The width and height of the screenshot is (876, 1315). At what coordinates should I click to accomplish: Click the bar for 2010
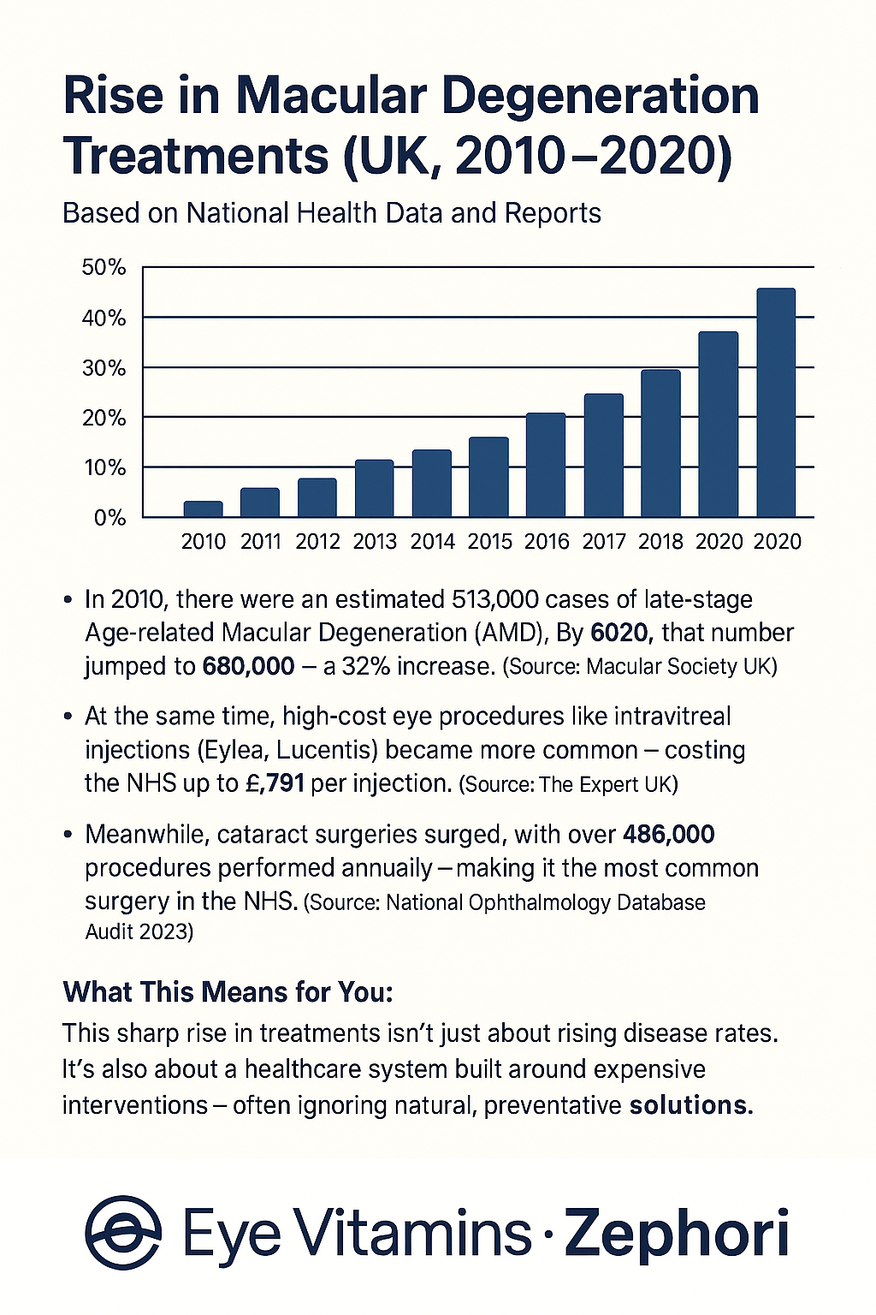click(x=203, y=509)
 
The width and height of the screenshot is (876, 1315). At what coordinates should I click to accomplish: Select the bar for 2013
click(x=375, y=489)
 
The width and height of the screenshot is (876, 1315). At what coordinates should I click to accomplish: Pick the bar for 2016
click(x=546, y=465)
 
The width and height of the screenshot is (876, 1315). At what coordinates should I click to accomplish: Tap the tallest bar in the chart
click(x=776, y=402)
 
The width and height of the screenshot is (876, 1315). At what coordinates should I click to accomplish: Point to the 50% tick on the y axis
click(x=104, y=268)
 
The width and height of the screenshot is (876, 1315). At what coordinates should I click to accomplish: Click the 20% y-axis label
click(x=104, y=418)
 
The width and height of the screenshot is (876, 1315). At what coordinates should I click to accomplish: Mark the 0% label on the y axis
click(x=109, y=518)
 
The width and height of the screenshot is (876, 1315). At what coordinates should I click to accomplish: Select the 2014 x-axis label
click(x=432, y=541)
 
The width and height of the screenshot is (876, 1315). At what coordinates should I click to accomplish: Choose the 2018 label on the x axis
click(x=660, y=541)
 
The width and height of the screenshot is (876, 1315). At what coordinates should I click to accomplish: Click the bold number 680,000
click(x=248, y=666)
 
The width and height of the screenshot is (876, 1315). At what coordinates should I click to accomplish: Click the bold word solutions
click(x=691, y=1105)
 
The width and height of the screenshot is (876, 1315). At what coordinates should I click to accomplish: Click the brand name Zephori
click(x=676, y=1233)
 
